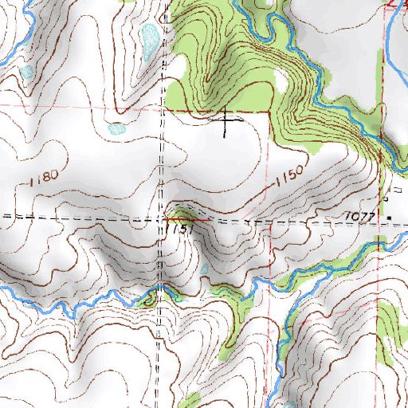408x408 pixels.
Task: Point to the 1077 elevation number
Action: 361,215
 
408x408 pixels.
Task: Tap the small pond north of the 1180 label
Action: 117,127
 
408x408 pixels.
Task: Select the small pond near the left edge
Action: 26,72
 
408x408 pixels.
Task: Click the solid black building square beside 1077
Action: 390,218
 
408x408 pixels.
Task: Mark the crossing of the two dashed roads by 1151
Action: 165,218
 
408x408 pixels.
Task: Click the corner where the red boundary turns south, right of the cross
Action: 269,112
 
